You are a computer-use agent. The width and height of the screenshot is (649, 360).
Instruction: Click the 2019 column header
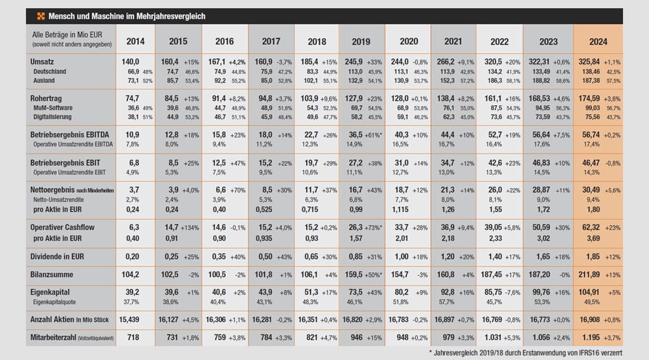[362, 41]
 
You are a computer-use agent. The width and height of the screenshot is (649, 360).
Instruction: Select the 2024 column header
[598, 41]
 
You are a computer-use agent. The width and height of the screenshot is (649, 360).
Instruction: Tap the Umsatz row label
[42, 63]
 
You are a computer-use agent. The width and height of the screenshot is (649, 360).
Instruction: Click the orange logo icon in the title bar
[41, 16]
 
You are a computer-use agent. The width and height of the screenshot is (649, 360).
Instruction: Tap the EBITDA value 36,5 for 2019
[352, 135]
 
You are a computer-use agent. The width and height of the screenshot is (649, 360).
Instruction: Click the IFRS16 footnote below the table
[537, 352]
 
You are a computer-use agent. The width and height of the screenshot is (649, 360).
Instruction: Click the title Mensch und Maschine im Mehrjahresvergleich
[127, 16]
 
